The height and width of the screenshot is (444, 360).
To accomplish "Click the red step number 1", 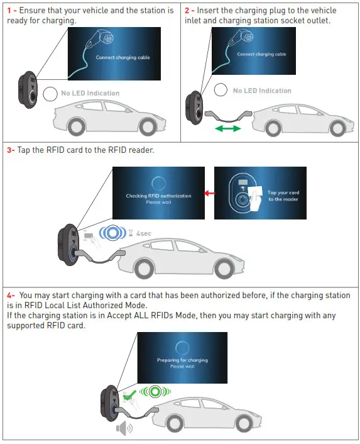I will [x=9, y=11].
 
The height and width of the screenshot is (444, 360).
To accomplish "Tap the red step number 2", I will [x=187, y=11].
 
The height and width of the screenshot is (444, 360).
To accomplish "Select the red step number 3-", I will [x=11, y=150].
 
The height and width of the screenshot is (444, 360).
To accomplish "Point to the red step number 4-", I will [x=11, y=295].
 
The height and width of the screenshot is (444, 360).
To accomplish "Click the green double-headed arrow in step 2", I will [x=227, y=129].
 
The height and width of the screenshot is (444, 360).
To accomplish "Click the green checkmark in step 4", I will [x=130, y=395].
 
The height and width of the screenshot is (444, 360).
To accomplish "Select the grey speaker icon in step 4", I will [x=124, y=428].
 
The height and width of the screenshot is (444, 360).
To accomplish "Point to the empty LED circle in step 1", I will [x=50, y=94].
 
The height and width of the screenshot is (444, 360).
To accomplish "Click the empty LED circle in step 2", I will [x=220, y=91].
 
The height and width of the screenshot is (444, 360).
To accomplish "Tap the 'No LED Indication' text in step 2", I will [x=262, y=91].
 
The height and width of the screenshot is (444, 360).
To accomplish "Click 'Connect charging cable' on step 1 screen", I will [x=123, y=57].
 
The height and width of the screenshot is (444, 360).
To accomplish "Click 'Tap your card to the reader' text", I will [x=283, y=196].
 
